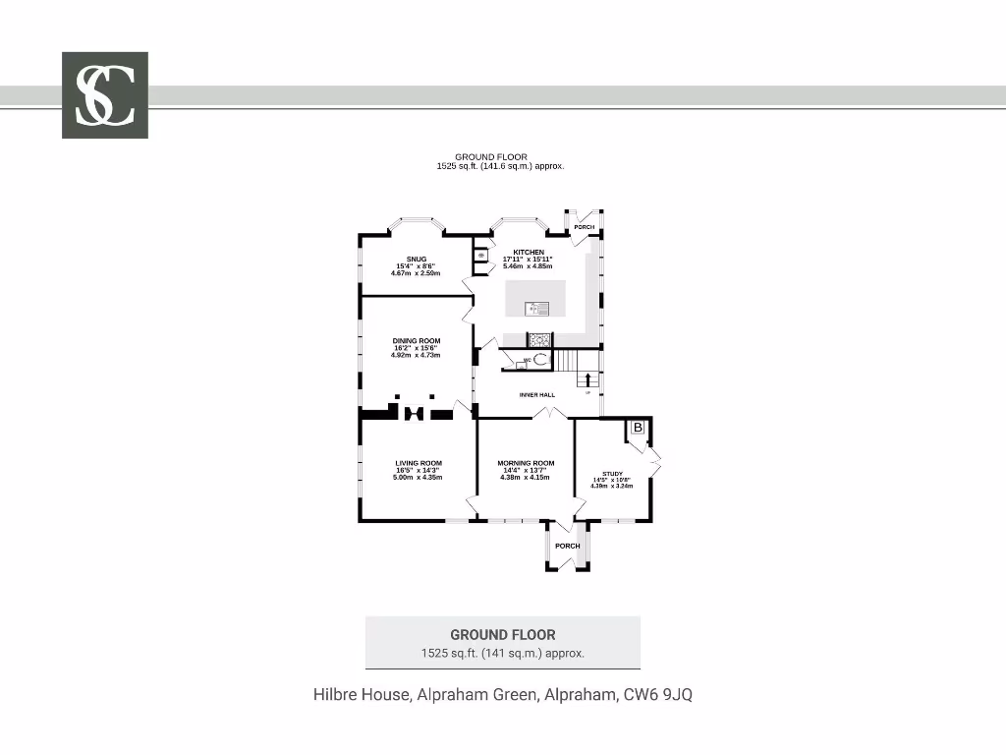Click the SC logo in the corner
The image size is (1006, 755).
105,94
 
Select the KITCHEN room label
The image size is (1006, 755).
529,253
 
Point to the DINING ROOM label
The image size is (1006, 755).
417,341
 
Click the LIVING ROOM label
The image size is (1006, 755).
418,463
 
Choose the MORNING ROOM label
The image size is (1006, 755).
526,463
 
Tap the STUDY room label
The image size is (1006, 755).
611,474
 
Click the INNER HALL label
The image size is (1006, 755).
537,395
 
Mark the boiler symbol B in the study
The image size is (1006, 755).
637,428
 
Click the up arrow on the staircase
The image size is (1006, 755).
587,378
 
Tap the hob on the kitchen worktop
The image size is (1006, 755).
539,340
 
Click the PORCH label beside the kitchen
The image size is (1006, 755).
585,227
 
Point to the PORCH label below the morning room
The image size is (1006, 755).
567,546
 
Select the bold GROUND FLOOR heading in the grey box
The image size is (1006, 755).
502,635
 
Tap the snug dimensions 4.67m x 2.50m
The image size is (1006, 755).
416,273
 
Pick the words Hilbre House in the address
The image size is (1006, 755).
361,694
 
